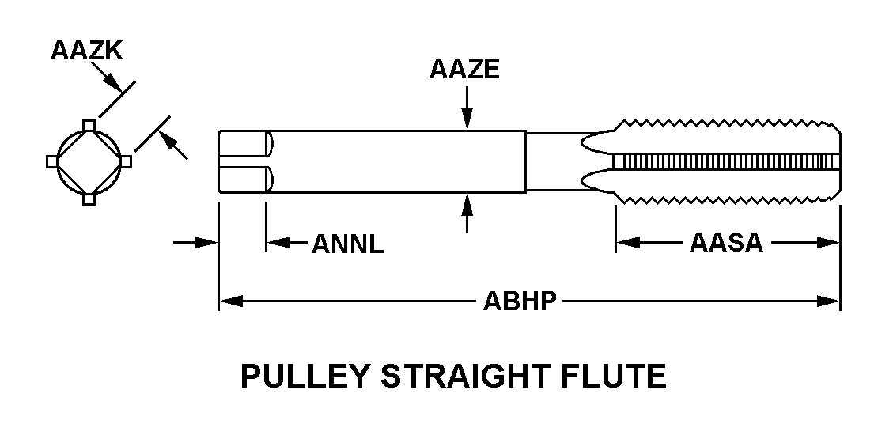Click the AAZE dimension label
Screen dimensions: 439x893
(465, 70)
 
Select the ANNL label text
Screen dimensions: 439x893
(348, 244)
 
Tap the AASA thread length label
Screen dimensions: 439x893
(726, 242)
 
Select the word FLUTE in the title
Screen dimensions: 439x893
(616, 377)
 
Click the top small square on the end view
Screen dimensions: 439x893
(89, 124)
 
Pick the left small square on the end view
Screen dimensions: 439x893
(52, 161)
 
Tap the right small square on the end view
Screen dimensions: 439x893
(126, 161)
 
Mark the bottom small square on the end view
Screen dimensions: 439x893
(89, 199)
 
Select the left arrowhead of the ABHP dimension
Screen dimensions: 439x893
(229, 301)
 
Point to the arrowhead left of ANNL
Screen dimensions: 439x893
(276, 243)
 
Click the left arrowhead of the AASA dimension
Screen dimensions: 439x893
(627, 243)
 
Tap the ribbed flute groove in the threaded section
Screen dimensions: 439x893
(724, 161)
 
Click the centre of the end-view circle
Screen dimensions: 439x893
(89, 161)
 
